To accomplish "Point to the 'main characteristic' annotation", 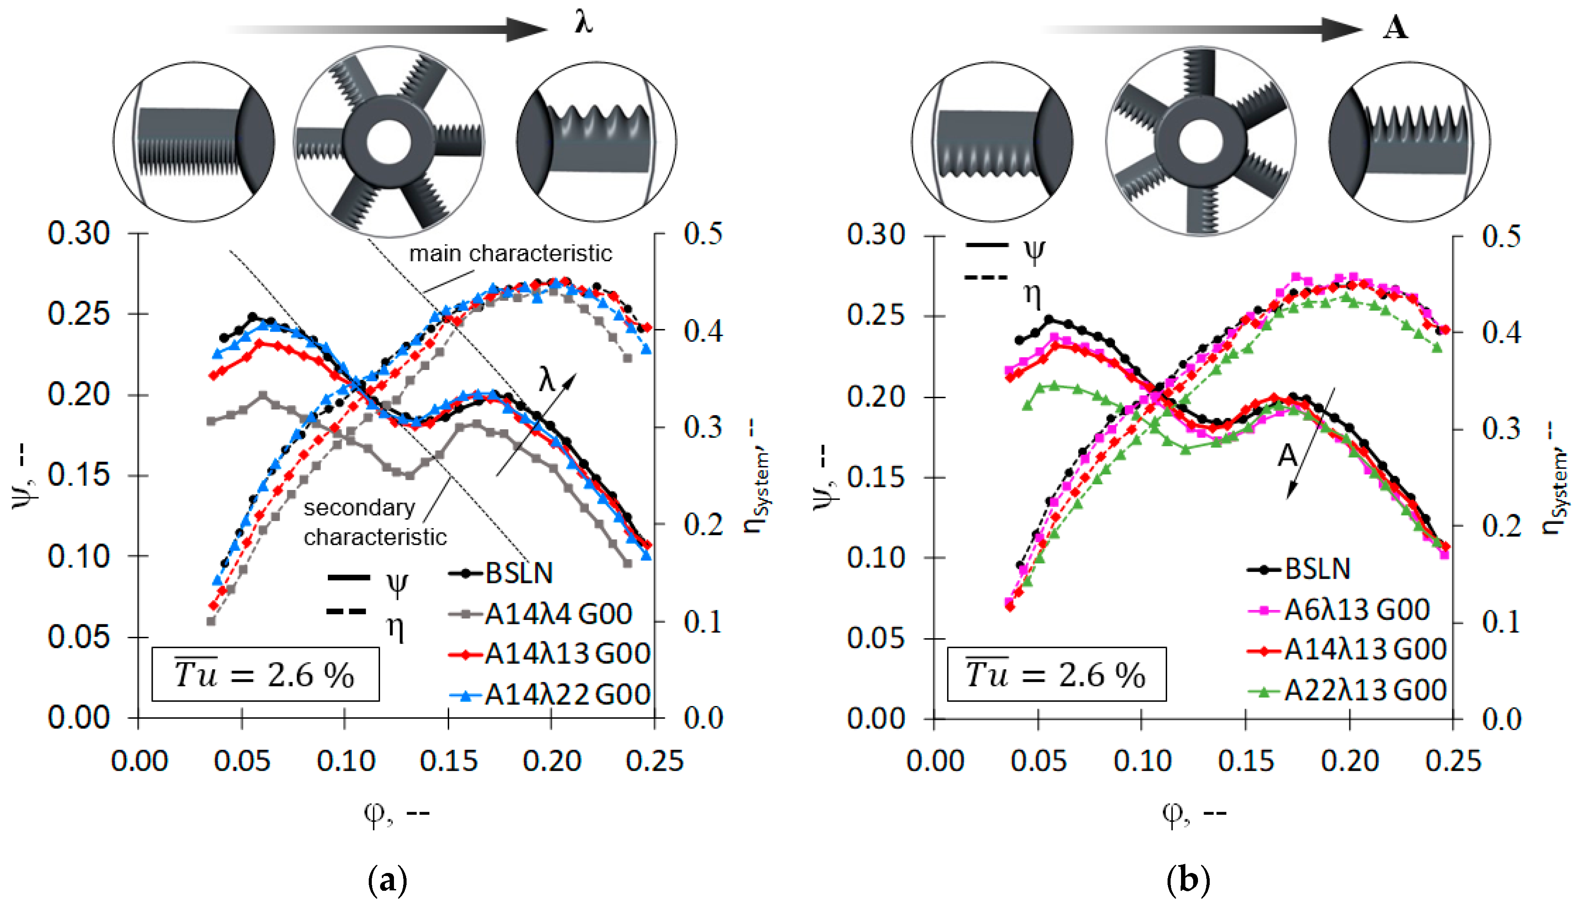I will pyautogui.click(x=510, y=253).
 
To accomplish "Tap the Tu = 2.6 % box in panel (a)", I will pyautogui.click(x=265, y=674).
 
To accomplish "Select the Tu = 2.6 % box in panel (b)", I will pyautogui.click(x=1056, y=674).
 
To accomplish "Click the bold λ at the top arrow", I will pyautogui.click(x=583, y=23).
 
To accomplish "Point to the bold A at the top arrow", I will pyautogui.click(x=1395, y=28).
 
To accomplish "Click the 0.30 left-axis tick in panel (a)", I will pyautogui.click(x=79, y=233).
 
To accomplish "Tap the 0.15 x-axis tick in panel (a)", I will pyautogui.click(x=448, y=760).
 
